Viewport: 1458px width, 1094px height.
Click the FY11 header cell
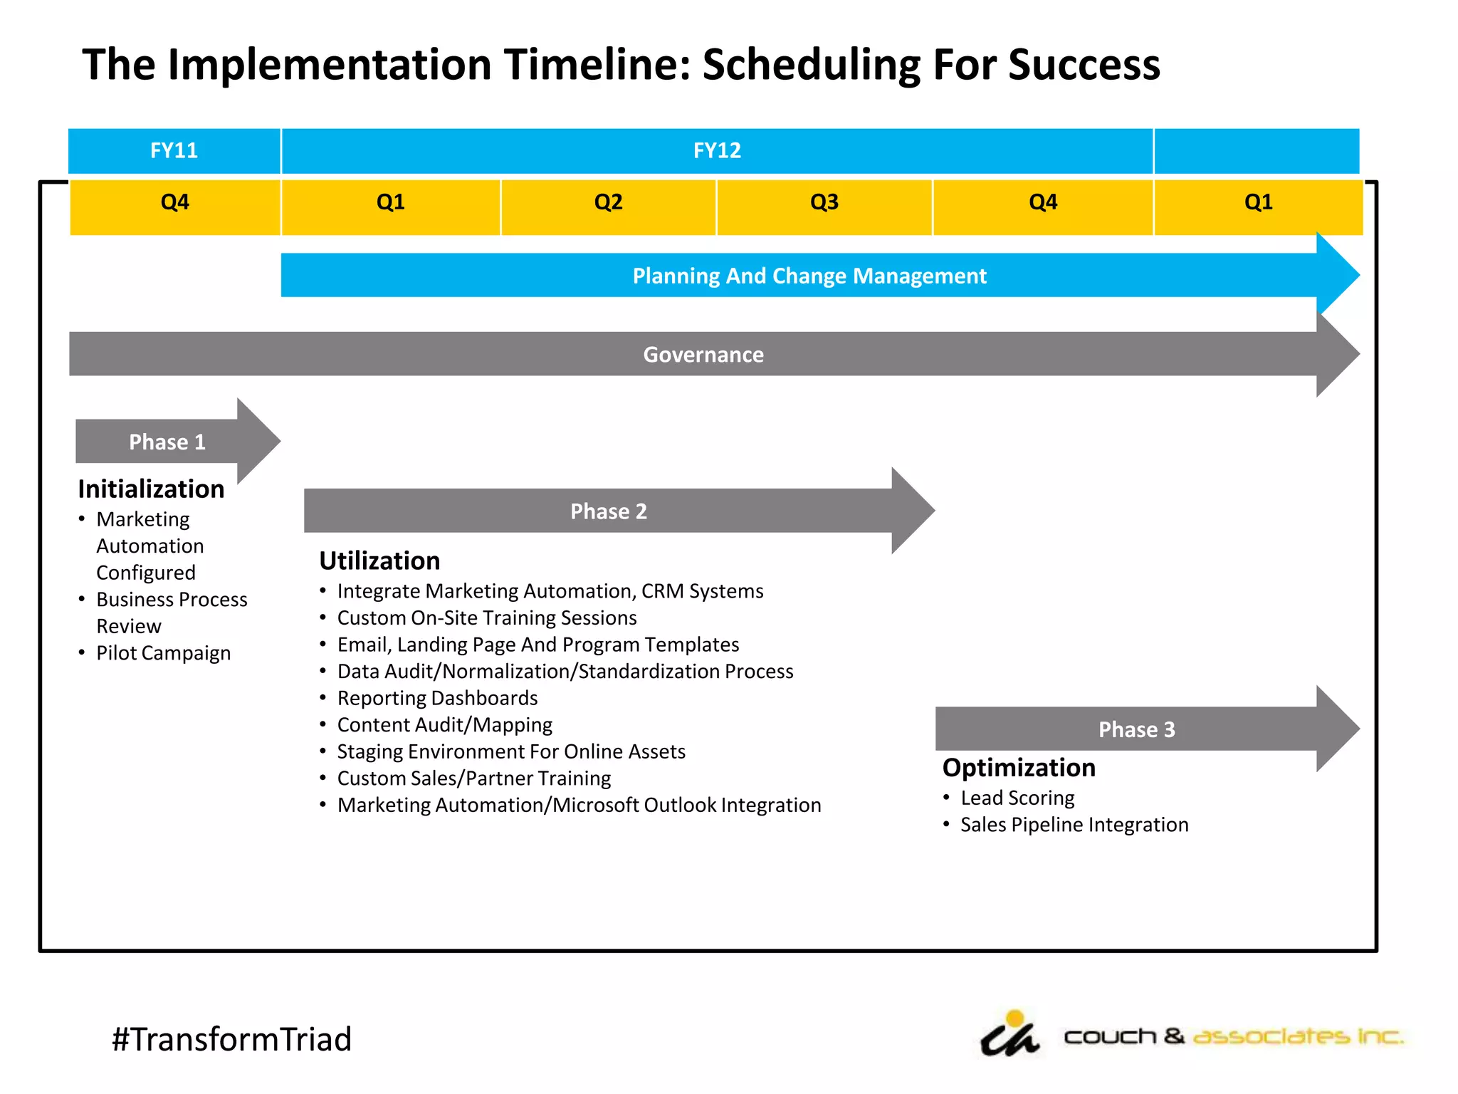pos(174,151)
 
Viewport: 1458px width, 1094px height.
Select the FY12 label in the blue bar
pos(717,151)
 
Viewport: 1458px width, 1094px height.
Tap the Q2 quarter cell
pos(608,203)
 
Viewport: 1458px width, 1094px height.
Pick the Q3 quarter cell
pos(824,203)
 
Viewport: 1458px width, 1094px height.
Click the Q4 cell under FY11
pos(174,203)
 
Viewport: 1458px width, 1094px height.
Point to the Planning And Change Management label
pos(809,276)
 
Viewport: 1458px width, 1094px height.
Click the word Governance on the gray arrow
pos(703,355)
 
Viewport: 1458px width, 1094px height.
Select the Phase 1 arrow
pos(167,442)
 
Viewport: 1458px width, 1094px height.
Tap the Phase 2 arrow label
pos(608,511)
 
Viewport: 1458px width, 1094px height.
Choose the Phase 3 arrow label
pos(1136,729)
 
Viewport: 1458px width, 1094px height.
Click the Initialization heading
pos(151,489)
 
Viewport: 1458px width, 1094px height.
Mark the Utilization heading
pos(379,561)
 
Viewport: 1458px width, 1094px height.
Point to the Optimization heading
pos(1019,768)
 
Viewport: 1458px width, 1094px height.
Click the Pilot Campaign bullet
pos(163,653)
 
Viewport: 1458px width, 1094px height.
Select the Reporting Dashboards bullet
pos(437,698)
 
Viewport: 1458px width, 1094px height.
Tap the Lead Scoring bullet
pos(1017,798)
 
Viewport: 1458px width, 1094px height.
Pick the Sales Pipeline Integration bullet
pos(1074,825)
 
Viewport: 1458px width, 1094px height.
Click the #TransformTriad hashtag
pos(231,1039)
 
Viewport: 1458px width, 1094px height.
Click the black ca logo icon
pos(1009,1036)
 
